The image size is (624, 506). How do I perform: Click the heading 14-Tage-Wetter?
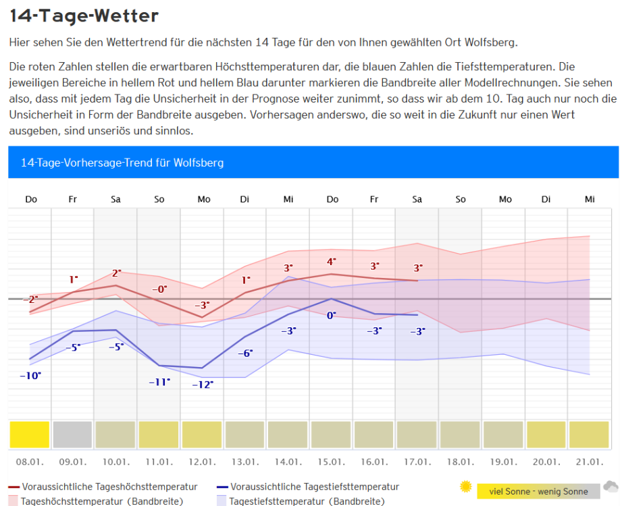tap(84, 15)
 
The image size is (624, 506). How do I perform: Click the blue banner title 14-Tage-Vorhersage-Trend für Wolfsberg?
tap(122, 163)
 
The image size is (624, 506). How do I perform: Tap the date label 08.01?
tap(30, 463)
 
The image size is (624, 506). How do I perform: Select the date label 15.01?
tap(332, 463)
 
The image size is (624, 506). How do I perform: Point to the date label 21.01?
tap(590, 463)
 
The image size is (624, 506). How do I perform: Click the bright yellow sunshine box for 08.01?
tap(30, 435)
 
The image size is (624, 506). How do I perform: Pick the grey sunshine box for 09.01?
tap(72, 435)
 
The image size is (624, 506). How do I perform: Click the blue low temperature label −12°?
tap(203, 385)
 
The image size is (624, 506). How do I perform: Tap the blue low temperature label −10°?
tap(30, 376)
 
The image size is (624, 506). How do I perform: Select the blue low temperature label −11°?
tap(159, 382)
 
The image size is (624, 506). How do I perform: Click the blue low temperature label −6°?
tap(245, 353)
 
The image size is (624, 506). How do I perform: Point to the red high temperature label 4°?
tap(332, 262)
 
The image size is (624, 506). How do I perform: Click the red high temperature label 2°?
tap(116, 273)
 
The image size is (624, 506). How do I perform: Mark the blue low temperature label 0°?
tap(332, 315)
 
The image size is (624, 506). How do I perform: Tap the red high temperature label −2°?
tap(30, 299)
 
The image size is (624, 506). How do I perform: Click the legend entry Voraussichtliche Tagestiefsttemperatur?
tap(315, 486)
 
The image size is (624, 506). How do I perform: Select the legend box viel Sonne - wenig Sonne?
tap(538, 491)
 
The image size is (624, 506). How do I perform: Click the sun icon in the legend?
tap(465, 486)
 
